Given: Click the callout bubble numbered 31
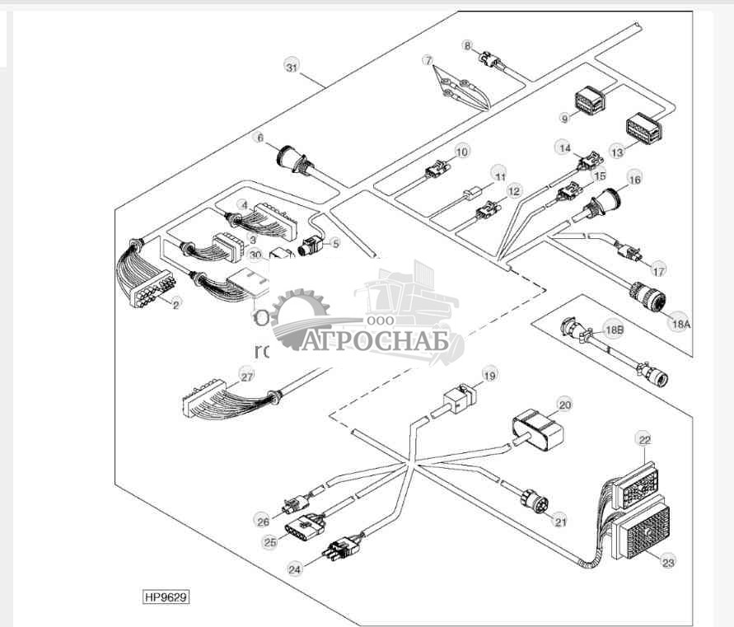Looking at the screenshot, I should (x=290, y=67).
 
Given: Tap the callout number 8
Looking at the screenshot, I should (x=468, y=46).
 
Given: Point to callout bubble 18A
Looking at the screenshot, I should (x=680, y=324).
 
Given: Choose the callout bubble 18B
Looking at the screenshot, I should (x=615, y=330).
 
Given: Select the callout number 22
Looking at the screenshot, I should (x=644, y=440).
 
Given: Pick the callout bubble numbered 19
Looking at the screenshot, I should (x=490, y=376).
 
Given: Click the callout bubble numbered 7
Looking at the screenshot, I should (x=428, y=60).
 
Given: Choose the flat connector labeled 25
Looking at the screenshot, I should (x=303, y=525).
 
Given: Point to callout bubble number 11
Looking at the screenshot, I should (x=498, y=175).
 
